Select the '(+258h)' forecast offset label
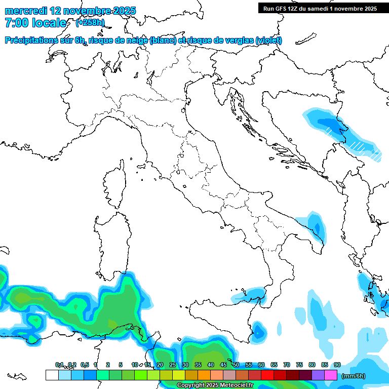click(90, 23)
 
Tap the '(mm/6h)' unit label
click(354, 376)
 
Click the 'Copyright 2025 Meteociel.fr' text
click(215, 385)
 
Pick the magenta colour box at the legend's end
click(331, 375)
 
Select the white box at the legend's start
click(52, 375)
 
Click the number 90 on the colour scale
click(337, 365)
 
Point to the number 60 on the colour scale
click(261, 365)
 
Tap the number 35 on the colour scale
click(198, 365)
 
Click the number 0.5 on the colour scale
click(84, 365)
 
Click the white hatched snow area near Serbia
click(360, 147)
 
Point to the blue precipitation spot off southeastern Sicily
click(259, 331)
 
